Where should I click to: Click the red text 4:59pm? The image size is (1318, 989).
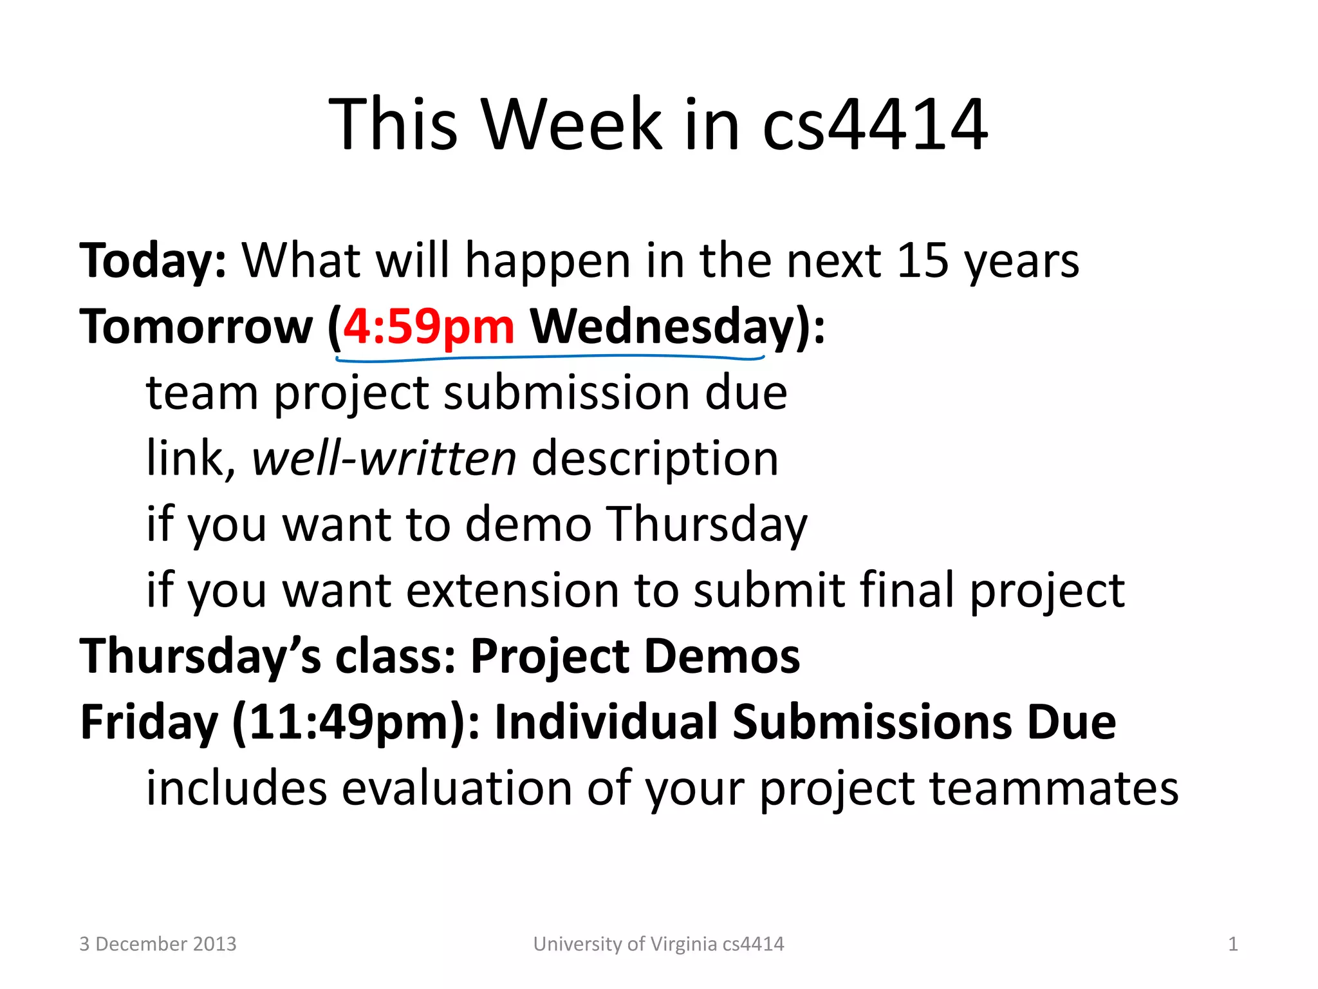[x=429, y=327]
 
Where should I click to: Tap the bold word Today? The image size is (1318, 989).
[x=153, y=261]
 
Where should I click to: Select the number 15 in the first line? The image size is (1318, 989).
[x=922, y=261]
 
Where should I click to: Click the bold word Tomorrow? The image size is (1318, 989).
[x=196, y=327]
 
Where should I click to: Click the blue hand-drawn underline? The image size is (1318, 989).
[x=550, y=358]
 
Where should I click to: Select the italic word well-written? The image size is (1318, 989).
[x=384, y=458]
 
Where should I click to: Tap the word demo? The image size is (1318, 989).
[x=528, y=524]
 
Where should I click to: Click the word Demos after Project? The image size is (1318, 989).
[x=722, y=657]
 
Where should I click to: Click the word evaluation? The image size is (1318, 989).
[x=456, y=788]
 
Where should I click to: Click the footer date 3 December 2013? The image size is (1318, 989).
[x=158, y=944]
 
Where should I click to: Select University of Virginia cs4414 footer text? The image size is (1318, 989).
[x=658, y=944]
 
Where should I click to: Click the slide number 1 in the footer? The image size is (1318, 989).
[x=1232, y=944]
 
